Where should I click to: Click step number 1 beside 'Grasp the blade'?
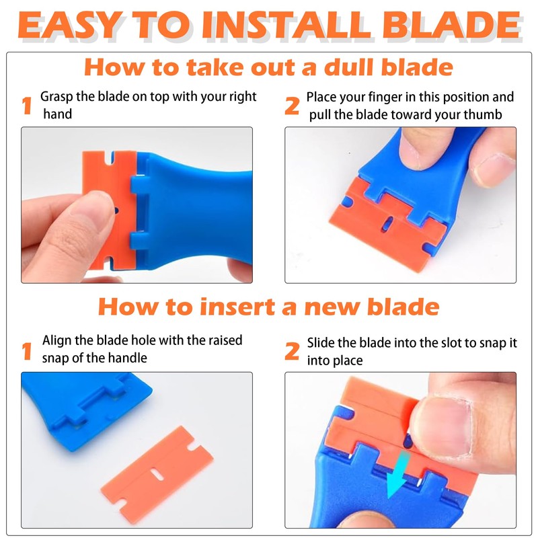[27, 106]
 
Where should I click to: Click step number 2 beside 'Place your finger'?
[292, 106]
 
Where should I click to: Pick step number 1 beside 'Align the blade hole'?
[27, 350]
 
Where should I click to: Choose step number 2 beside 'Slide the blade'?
[292, 350]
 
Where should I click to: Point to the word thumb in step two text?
[485, 114]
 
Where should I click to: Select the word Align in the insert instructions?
[56, 340]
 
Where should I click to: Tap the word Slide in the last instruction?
[321, 343]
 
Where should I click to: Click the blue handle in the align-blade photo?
[67, 403]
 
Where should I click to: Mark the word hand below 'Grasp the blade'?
[58, 114]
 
